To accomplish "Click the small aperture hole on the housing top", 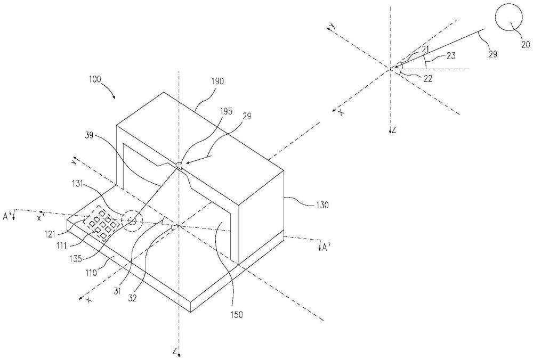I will (180, 165).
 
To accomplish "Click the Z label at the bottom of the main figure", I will (175, 351).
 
